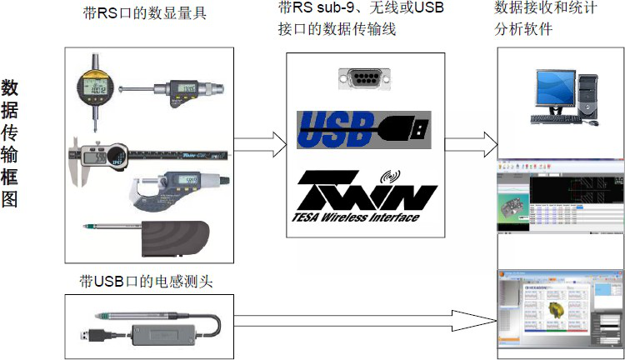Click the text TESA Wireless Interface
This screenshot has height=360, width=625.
[x=359, y=217]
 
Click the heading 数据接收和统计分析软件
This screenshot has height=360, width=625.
[x=536, y=18]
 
